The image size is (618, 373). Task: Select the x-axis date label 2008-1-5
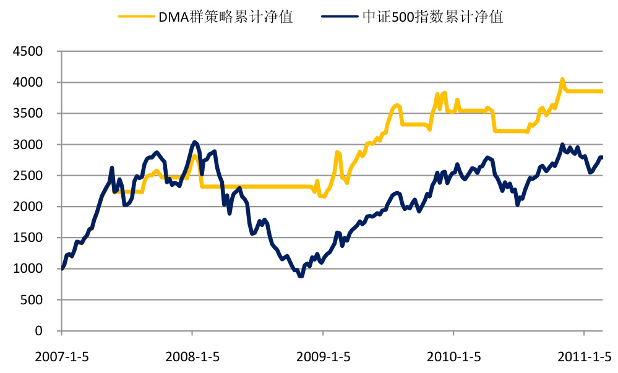click(192, 357)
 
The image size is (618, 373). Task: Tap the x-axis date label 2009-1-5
click(323, 357)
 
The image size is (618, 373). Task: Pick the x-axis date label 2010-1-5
click(453, 357)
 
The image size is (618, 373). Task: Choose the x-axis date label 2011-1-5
click(584, 357)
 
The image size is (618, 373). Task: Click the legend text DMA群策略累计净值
click(226, 17)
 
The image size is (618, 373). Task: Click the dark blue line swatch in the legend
click(341, 17)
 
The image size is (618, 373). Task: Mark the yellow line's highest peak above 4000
click(562, 80)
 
